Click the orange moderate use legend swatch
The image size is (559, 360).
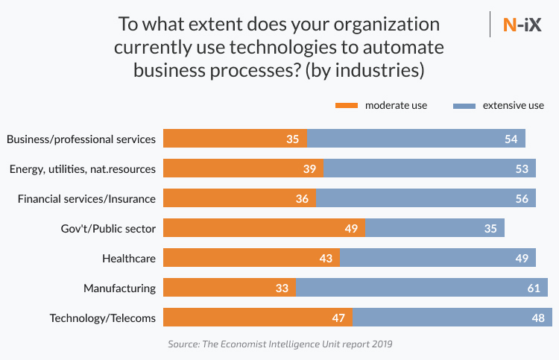click(347, 105)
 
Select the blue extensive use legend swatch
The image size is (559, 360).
click(464, 105)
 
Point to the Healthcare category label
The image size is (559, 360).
click(128, 258)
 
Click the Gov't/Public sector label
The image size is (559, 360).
click(108, 228)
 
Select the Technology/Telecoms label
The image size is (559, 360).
click(103, 318)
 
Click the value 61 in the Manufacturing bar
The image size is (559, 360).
click(533, 288)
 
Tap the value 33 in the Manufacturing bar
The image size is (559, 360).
click(282, 288)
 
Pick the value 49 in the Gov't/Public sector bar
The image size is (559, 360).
click(351, 228)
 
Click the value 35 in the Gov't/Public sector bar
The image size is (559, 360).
click(490, 228)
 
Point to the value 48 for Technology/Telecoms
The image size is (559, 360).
click(537, 318)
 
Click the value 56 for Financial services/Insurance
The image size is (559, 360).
click(522, 198)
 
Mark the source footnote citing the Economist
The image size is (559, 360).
click(279, 344)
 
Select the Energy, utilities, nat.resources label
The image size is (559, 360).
click(83, 168)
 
